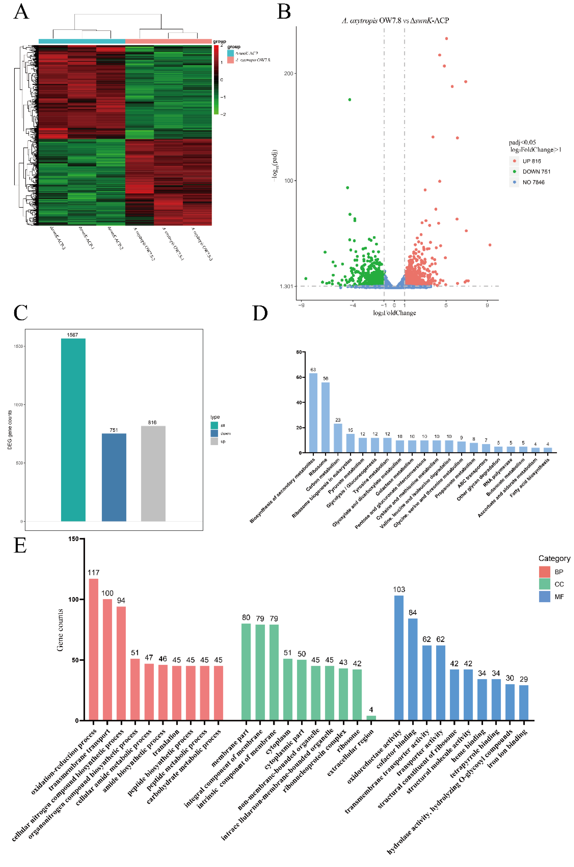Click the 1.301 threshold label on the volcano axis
286,286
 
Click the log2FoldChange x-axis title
394,313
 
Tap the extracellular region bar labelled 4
371,718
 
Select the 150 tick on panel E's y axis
73,539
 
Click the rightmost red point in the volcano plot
490,245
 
